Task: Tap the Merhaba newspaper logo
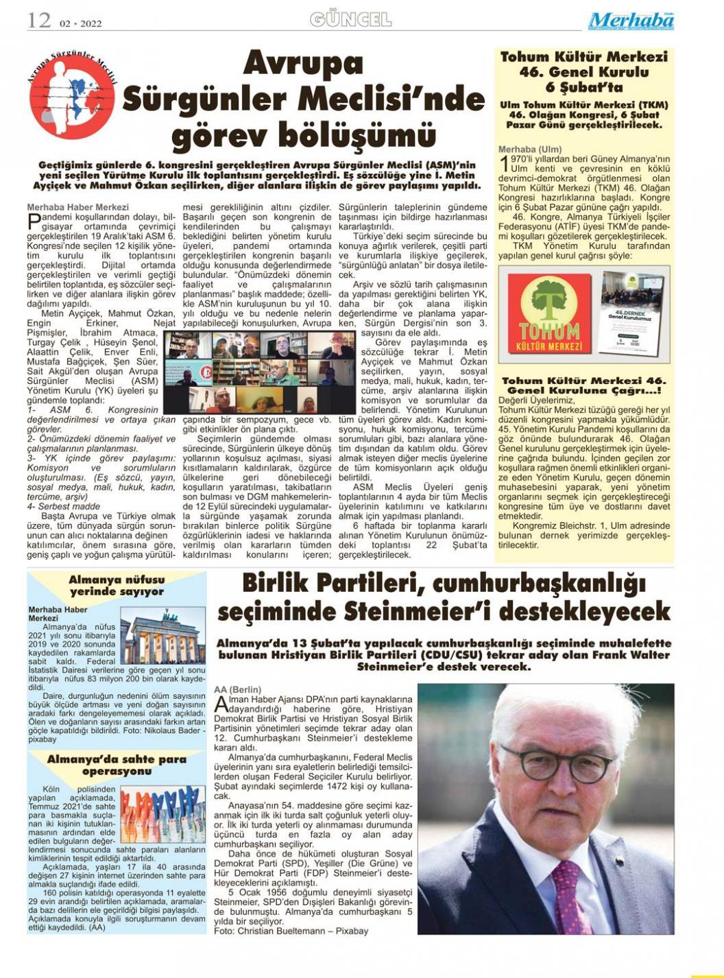(x=631, y=21)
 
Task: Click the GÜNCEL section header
(x=350, y=20)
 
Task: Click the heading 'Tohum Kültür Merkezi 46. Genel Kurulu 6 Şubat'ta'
(x=583, y=71)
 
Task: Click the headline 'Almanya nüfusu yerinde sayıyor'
(x=117, y=585)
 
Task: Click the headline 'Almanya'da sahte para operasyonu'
(x=117, y=765)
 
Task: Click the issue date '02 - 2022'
(x=81, y=23)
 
